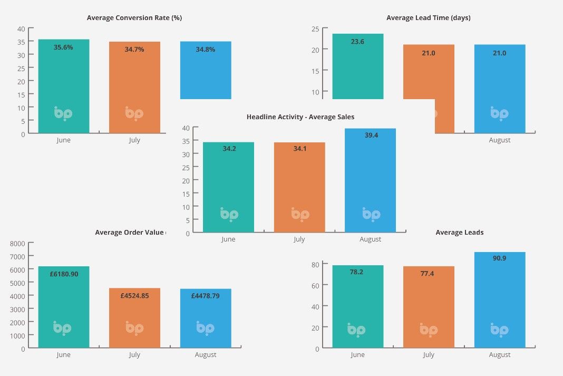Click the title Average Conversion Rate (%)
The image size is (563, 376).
click(134, 18)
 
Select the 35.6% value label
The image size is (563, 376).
click(63, 47)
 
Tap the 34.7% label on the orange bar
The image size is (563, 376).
click(134, 49)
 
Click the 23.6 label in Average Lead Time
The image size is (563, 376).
click(357, 42)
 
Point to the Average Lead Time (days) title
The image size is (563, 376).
click(428, 18)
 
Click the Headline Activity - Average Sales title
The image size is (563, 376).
click(300, 117)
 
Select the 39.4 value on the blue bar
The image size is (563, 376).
click(370, 136)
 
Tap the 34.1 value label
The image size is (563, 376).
click(299, 149)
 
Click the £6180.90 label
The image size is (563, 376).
click(63, 274)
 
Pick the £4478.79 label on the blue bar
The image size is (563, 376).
click(206, 296)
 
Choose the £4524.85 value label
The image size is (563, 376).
click(134, 296)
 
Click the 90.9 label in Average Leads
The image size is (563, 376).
click(499, 258)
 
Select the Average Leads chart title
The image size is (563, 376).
click(459, 233)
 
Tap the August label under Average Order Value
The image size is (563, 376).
click(206, 355)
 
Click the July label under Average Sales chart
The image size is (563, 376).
click(299, 239)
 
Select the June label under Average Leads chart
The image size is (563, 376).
click(357, 355)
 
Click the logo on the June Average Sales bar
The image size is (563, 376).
click(229, 214)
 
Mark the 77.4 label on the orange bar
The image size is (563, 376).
click(428, 274)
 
